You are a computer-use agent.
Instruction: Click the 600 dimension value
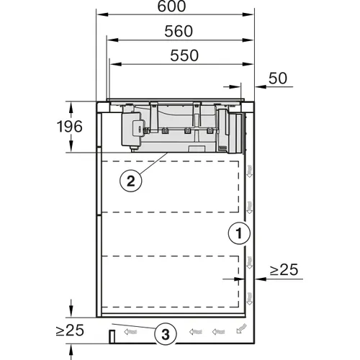coord(171,6)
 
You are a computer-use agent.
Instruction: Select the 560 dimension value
coord(179,31)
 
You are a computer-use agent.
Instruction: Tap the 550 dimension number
coord(184,55)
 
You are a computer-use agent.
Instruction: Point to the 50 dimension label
coord(278,78)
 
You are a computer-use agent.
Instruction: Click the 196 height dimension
coord(70,127)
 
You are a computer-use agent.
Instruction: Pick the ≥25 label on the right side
coord(284,269)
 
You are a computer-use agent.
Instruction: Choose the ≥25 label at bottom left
coord(70,330)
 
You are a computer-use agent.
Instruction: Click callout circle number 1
coord(239,233)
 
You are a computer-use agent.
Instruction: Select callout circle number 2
coord(131,181)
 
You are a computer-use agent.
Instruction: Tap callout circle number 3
coord(166,335)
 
